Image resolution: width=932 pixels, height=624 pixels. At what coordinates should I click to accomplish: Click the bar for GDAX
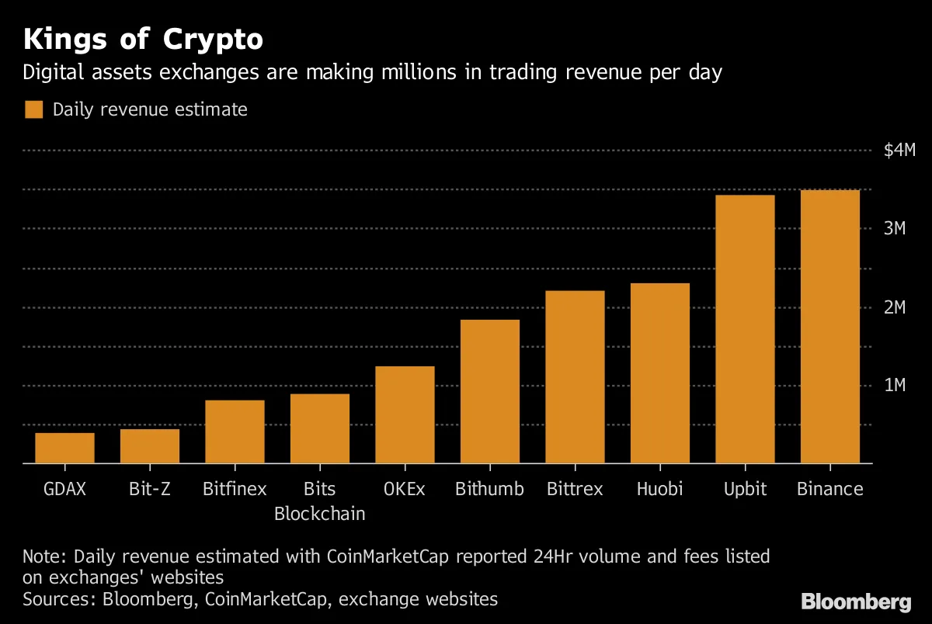[x=64, y=448]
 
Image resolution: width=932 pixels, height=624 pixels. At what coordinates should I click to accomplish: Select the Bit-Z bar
[x=150, y=446]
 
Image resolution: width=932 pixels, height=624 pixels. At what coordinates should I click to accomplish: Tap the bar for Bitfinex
[x=235, y=432]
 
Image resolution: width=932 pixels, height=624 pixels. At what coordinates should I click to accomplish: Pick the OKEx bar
[x=405, y=414]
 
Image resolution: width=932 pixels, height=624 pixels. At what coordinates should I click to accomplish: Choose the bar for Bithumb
[x=489, y=391]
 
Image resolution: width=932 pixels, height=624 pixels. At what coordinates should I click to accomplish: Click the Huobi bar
[x=659, y=373]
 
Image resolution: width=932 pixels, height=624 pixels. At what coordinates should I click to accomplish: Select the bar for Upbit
[x=745, y=329]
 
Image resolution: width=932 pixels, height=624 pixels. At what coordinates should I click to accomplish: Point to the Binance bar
[x=829, y=327]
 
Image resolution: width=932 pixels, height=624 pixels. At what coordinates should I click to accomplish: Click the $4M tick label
[x=899, y=150]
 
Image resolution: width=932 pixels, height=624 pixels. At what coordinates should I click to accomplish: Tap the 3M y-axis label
[x=895, y=228]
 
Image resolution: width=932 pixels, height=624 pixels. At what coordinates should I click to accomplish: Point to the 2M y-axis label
[x=895, y=307]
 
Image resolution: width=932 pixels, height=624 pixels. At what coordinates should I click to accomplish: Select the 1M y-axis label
[x=895, y=386]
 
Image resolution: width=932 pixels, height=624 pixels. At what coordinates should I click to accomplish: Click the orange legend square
[x=33, y=109]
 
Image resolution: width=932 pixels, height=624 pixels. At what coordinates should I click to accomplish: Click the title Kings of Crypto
[x=142, y=39]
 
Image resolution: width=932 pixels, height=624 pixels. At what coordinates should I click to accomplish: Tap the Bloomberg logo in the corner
[x=856, y=601]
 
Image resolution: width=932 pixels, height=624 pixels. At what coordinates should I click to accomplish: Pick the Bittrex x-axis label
[x=575, y=489]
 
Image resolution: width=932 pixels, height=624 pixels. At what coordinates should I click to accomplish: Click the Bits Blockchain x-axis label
[x=320, y=501]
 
